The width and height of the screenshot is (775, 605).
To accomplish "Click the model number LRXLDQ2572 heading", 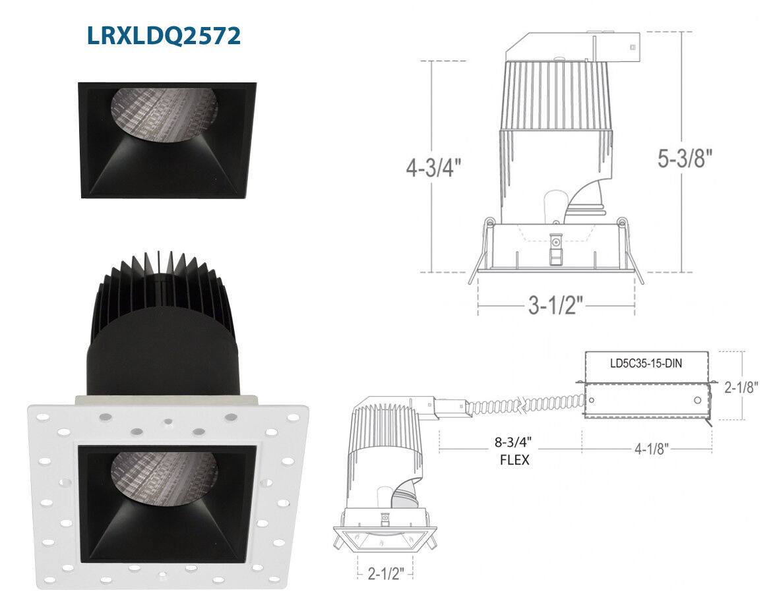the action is [164, 36].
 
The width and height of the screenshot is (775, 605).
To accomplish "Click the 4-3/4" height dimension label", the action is [433, 169].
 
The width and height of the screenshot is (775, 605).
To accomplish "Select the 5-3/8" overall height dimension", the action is [685, 158].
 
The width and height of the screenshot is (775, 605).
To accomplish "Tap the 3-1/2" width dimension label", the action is [555, 305].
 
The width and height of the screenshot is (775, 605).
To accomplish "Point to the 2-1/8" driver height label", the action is [741, 388].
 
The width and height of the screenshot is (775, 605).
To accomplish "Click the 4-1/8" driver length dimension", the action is [652, 448].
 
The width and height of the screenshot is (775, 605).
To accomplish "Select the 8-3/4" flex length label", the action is [513, 442].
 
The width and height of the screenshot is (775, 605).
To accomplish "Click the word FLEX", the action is [514, 460].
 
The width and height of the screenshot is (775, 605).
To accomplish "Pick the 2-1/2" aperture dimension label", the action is [386, 573].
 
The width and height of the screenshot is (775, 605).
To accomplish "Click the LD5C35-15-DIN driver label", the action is [646, 364].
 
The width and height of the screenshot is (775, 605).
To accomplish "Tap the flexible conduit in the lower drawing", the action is [526, 405].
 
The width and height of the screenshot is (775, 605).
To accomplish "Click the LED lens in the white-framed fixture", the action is [165, 478].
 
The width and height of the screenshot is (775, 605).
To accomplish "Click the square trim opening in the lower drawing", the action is [385, 539].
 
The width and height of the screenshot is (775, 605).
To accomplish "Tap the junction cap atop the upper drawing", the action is [573, 46].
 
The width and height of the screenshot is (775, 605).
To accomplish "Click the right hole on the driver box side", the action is [697, 400].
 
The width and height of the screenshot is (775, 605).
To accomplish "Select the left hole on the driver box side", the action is [592, 400].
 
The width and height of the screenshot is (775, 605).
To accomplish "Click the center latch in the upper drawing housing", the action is [557, 248].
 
